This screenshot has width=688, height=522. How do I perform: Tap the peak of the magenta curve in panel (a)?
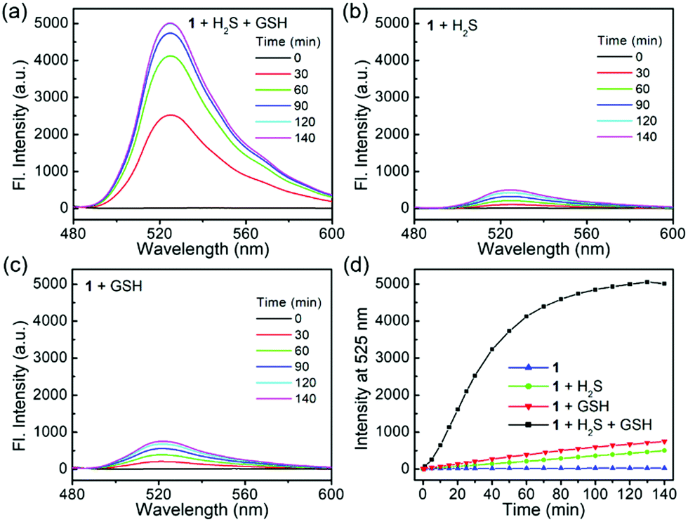pyautogui.click(x=169, y=23)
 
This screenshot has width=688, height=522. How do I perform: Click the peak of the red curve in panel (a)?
pyautogui.click(x=171, y=115)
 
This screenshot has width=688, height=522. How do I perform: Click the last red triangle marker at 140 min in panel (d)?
pyautogui.click(x=663, y=442)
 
